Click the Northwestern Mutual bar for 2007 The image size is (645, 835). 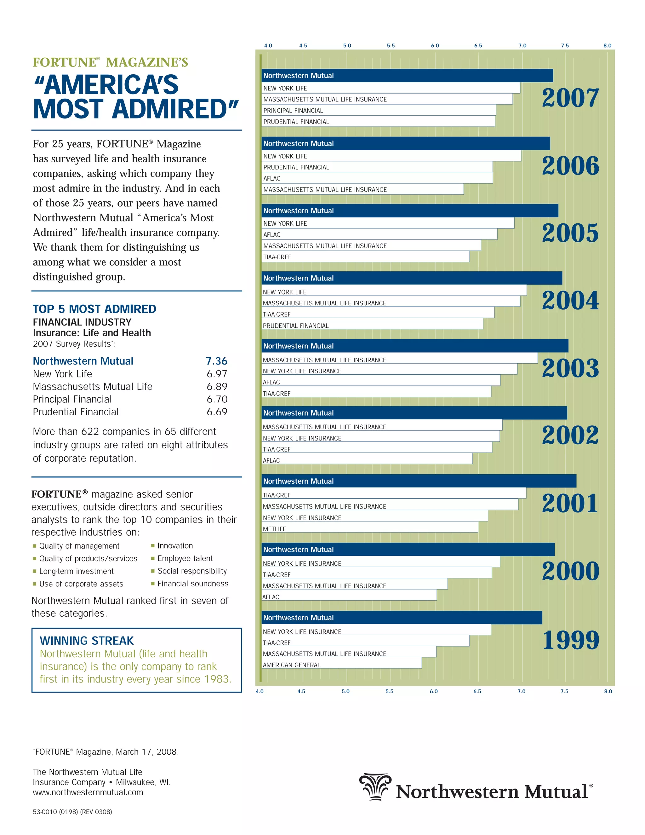(x=407, y=76)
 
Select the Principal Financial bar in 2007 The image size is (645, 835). (x=378, y=111)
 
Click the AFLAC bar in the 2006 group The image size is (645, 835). (x=377, y=178)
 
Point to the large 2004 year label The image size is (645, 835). (x=570, y=301)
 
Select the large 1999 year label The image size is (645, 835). (x=570, y=640)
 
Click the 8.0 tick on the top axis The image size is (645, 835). (x=607, y=45)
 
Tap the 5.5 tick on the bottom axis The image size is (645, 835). (x=389, y=691)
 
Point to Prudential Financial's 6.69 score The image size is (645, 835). (x=217, y=412)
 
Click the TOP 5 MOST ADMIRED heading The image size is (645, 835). (x=94, y=309)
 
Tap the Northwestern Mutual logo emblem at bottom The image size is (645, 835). (x=375, y=786)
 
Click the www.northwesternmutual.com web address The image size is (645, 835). (x=88, y=792)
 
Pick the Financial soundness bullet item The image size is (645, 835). (x=192, y=584)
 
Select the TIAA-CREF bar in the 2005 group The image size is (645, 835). (x=365, y=256)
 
